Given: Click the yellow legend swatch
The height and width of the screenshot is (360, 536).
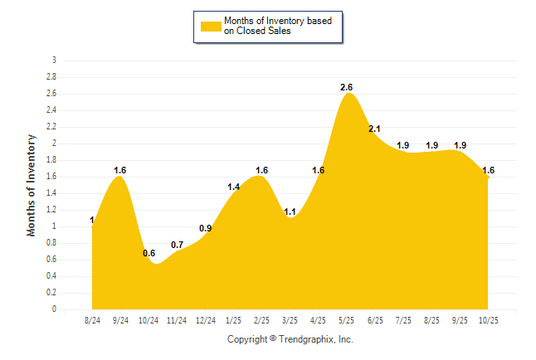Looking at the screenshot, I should [x=210, y=26].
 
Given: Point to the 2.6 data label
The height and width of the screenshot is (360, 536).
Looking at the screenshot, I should [x=348, y=87].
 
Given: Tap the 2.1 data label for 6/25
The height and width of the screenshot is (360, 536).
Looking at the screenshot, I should [x=374, y=129].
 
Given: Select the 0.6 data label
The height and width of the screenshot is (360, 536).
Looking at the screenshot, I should [x=149, y=253].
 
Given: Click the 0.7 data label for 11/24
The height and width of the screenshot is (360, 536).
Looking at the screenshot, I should [x=178, y=245].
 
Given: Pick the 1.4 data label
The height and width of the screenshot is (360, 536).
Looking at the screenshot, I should [x=234, y=187].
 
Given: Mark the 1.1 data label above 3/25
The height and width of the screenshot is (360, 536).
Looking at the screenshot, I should [x=290, y=212].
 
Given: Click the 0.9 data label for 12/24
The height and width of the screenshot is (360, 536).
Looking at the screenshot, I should [x=206, y=228].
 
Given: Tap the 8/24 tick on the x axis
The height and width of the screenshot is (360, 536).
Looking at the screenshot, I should [x=93, y=320].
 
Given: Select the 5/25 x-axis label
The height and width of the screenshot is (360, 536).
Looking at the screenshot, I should [x=348, y=320].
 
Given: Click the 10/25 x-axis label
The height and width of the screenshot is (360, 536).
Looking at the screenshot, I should [x=489, y=320].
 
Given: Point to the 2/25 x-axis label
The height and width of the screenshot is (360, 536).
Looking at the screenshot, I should [x=262, y=320].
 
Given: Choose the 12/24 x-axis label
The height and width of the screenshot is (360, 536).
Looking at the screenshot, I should [x=206, y=320].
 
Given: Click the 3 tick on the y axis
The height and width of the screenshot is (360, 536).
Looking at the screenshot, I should [x=54, y=61].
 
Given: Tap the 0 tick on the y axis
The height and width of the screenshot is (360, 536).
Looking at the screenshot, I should [x=54, y=309].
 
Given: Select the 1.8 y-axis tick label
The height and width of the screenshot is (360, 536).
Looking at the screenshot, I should [x=51, y=160].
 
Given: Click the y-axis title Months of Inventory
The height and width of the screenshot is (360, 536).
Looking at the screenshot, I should [x=32, y=185].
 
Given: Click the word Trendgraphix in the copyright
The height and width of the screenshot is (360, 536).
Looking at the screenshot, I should [x=308, y=339].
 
